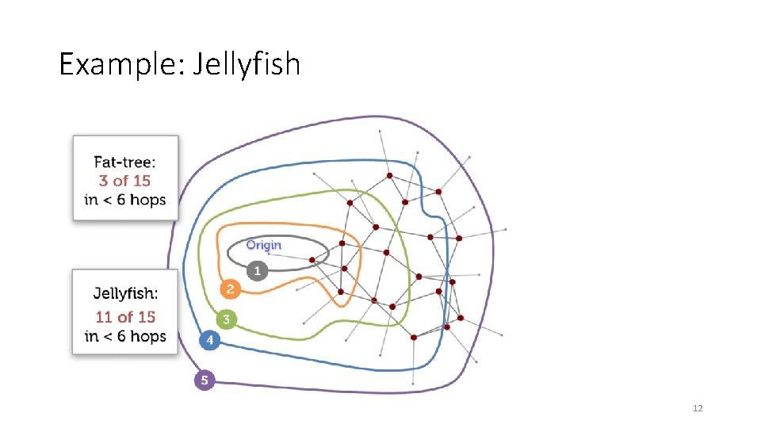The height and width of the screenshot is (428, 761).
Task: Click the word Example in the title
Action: pos(120,63)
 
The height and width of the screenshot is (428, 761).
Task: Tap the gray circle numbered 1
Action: pos(255,271)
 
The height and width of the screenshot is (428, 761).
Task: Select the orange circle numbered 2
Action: pos(230,289)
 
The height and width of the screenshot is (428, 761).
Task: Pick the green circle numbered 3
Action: pos(226,320)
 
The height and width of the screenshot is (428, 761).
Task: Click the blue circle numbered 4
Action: pos(208,341)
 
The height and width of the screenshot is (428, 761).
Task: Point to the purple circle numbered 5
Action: pos(205,380)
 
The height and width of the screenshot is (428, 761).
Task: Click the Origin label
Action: pos(263,245)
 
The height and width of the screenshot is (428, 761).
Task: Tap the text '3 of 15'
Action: pos(124,181)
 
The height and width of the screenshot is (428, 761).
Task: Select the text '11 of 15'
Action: pos(125,317)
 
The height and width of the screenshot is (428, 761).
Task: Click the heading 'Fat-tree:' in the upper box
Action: pos(125,162)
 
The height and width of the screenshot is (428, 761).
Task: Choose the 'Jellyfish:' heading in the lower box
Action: pos(125,294)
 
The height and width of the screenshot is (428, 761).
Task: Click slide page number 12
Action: pos(698,408)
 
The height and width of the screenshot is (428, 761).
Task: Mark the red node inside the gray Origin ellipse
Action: pos(312,259)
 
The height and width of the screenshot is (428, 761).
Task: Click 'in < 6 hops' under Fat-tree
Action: pos(125,199)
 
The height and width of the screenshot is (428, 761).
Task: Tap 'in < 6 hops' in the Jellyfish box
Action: pos(125,336)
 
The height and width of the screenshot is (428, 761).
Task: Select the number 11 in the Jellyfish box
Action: pos(103,317)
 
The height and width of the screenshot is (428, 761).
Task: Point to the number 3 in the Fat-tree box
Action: pos(103,181)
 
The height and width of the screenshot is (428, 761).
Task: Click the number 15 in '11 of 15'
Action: pos(146,317)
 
